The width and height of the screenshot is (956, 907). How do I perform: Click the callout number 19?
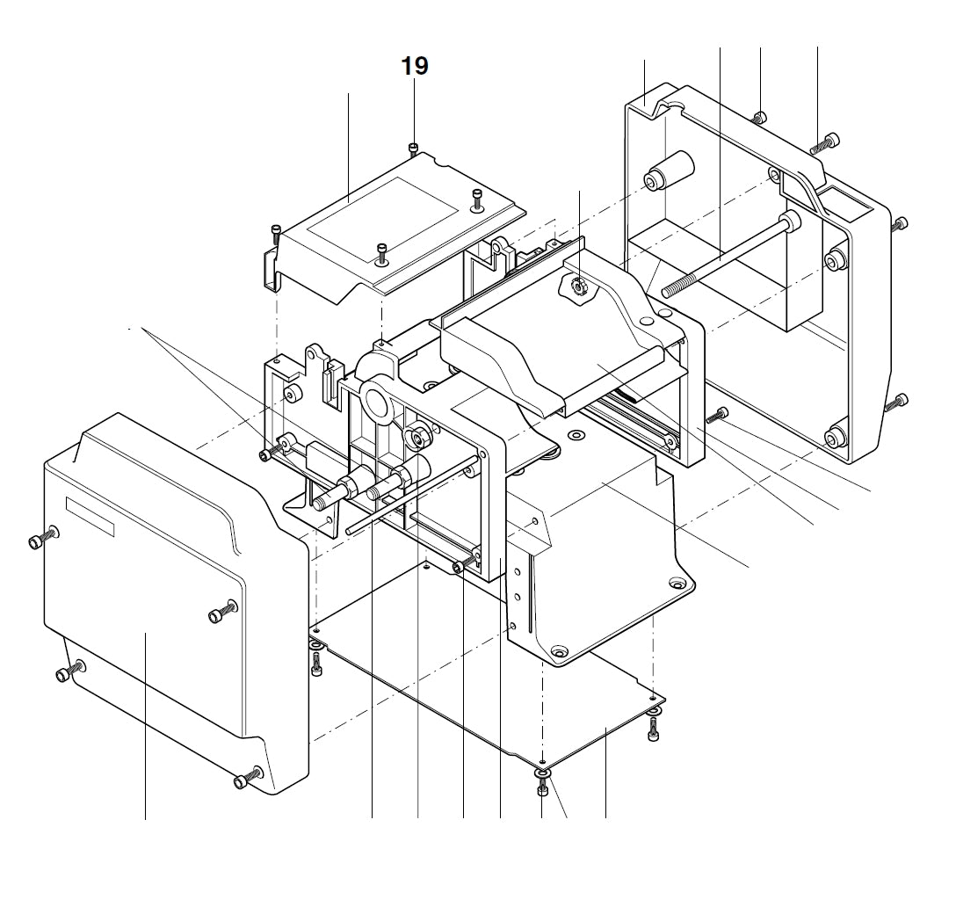coord(415,66)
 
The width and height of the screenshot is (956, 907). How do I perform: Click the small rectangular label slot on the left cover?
coord(90,517)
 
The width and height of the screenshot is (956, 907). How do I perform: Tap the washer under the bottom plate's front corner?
coord(542,773)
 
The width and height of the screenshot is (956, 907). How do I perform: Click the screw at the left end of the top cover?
coord(277,233)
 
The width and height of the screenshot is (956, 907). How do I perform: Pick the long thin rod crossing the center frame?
coord(413,495)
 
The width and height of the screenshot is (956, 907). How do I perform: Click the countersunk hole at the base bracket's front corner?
coord(558,652)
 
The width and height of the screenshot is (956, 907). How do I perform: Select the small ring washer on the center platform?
coord(576,434)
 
